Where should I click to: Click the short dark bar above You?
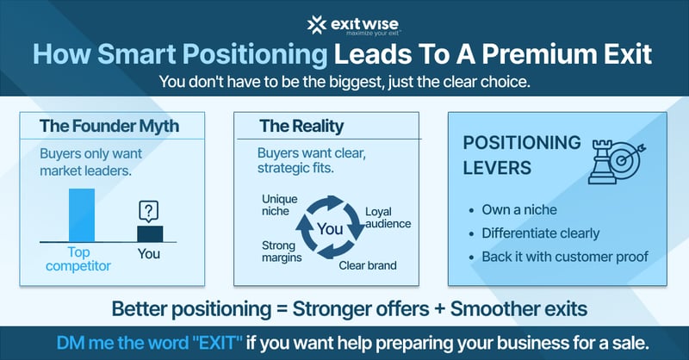[150, 233]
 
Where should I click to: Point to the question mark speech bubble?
[150, 210]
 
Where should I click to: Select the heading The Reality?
[301, 126]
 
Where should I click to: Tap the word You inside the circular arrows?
[330, 229]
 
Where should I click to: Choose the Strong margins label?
[280, 251]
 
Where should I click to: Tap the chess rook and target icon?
[612, 161]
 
